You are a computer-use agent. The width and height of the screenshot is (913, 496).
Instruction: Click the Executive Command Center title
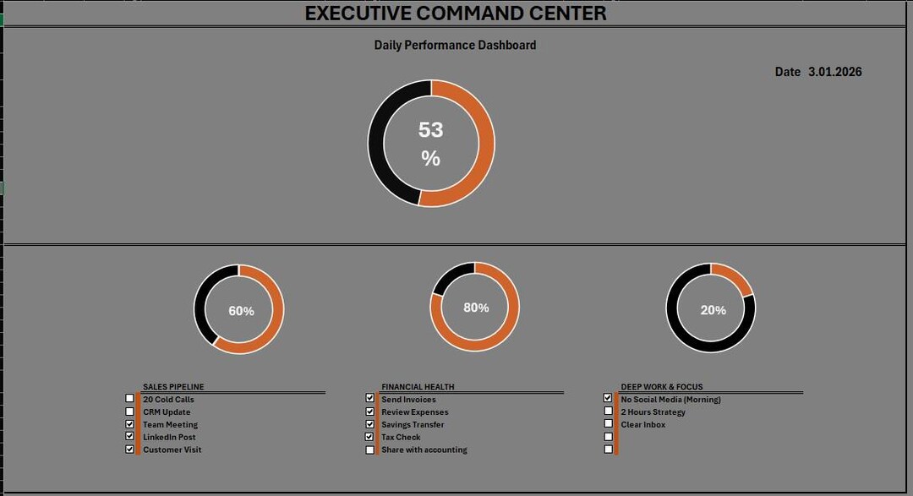point(456,13)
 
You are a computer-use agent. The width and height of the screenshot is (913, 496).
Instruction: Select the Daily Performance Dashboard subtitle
point(455,45)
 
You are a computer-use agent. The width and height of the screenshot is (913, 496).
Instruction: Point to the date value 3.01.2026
point(834,72)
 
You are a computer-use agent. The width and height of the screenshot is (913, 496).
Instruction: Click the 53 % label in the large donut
point(431,143)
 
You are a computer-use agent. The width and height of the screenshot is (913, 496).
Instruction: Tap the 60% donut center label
point(241,311)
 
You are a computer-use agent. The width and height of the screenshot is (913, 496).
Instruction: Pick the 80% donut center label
point(476,308)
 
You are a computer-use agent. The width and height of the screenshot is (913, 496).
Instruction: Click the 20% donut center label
point(713,310)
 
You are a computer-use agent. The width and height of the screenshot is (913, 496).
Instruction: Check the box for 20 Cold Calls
point(130,398)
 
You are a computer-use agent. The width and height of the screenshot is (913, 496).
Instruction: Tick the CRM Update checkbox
point(130,412)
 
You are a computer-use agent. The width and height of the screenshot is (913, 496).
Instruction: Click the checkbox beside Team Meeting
point(130,424)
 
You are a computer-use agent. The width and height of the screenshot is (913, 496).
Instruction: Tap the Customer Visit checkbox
point(130,449)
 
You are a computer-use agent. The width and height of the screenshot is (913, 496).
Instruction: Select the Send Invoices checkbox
point(369,398)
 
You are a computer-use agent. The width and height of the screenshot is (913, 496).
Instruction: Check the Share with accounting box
point(369,450)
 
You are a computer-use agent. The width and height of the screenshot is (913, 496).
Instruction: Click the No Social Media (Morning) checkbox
point(608,398)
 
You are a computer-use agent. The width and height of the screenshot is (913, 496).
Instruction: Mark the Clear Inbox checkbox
point(609,424)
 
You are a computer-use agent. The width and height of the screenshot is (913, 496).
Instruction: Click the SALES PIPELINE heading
point(173,386)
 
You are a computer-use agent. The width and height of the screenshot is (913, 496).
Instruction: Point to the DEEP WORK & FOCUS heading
point(661,386)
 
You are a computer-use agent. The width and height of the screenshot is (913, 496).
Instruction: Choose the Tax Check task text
point(401,437)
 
